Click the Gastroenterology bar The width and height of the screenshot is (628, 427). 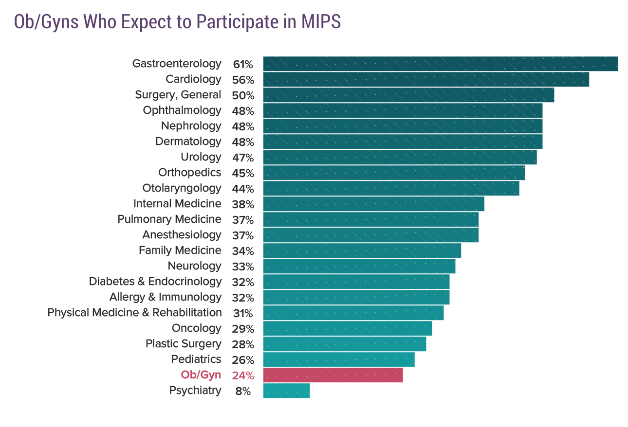441,64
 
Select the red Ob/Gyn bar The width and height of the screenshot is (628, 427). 333,375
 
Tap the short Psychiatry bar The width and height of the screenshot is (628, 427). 286,391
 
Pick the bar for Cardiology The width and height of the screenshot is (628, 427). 426,79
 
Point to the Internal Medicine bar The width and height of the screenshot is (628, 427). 373,204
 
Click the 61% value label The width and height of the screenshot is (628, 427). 242,64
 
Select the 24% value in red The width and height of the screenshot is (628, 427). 242,375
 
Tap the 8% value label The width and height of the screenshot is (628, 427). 242,391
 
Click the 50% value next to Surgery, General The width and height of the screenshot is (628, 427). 242,95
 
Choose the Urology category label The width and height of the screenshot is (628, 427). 201,157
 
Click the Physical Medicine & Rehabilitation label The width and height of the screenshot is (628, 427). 134,313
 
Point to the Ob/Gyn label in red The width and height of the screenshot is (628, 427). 201,375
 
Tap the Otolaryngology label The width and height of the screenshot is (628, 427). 182,188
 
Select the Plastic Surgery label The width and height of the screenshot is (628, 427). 183,344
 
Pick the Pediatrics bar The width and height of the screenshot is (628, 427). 339,359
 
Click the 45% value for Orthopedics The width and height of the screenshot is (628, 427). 242,173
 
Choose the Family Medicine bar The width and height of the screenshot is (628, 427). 362,250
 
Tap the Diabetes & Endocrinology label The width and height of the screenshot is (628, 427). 155,282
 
